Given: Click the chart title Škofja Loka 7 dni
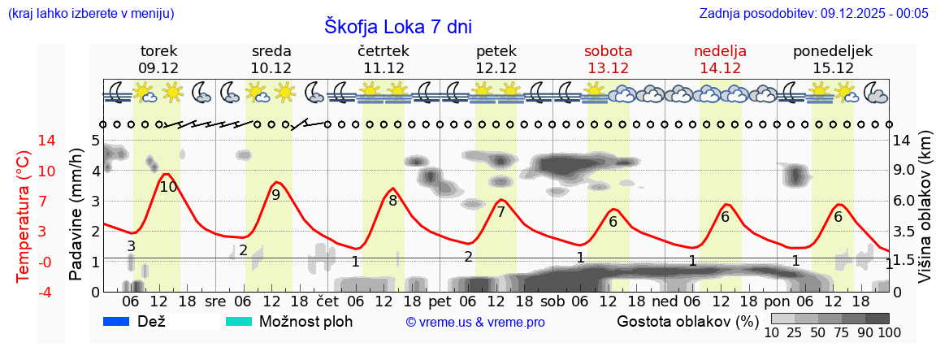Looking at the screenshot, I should point(397,26).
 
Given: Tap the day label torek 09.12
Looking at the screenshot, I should point(158,59).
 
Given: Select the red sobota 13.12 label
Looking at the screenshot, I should point(608,59).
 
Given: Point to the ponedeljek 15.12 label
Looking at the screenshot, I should point(833,59).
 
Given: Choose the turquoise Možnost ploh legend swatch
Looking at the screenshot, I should point(238,321).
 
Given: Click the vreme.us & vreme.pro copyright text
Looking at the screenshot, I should point(475,322).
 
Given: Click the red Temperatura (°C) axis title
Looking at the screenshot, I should point(24,215).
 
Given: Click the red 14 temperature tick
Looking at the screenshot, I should point(24,141).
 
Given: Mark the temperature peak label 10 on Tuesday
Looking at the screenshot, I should point(168,187).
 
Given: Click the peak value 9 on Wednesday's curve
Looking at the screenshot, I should point(276,195).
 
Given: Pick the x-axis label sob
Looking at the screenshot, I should point(552,301).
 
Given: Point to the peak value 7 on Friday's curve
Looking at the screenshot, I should point(500,212).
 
